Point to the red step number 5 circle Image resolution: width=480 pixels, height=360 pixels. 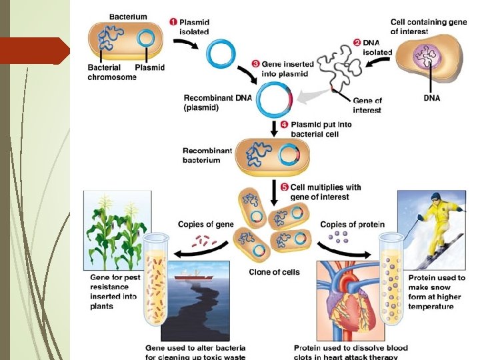coord(284,187)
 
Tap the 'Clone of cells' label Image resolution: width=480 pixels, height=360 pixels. coord(273,272)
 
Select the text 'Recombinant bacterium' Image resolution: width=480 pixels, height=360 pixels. coord(207,155)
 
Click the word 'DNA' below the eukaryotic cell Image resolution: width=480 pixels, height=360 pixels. coord(432,97)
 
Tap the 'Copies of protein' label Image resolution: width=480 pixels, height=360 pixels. coord(352,225)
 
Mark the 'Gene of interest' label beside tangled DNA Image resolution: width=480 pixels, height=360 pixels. coord(367,105)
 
